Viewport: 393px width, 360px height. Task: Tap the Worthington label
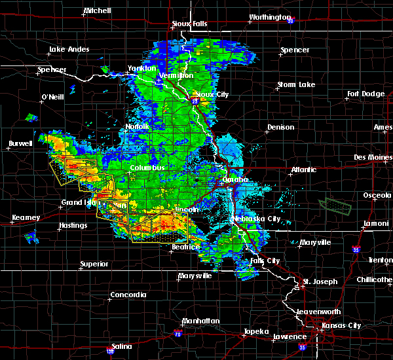(x=269, y=17)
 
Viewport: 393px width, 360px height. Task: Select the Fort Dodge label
(x=366, y=94)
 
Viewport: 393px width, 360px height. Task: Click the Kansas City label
(x=337, y=325)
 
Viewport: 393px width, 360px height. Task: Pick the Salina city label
(x=121, y=346)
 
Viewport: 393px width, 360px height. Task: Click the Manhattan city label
(x=199, y=321)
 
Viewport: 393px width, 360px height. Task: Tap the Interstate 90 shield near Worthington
(x=290, y=21)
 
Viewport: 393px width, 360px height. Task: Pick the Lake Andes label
(x=69, y=50)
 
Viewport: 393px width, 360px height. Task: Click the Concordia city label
(x=128, y=295)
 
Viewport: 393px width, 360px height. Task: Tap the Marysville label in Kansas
(x=195, y=276)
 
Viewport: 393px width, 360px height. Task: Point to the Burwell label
(x=20, y=143)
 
